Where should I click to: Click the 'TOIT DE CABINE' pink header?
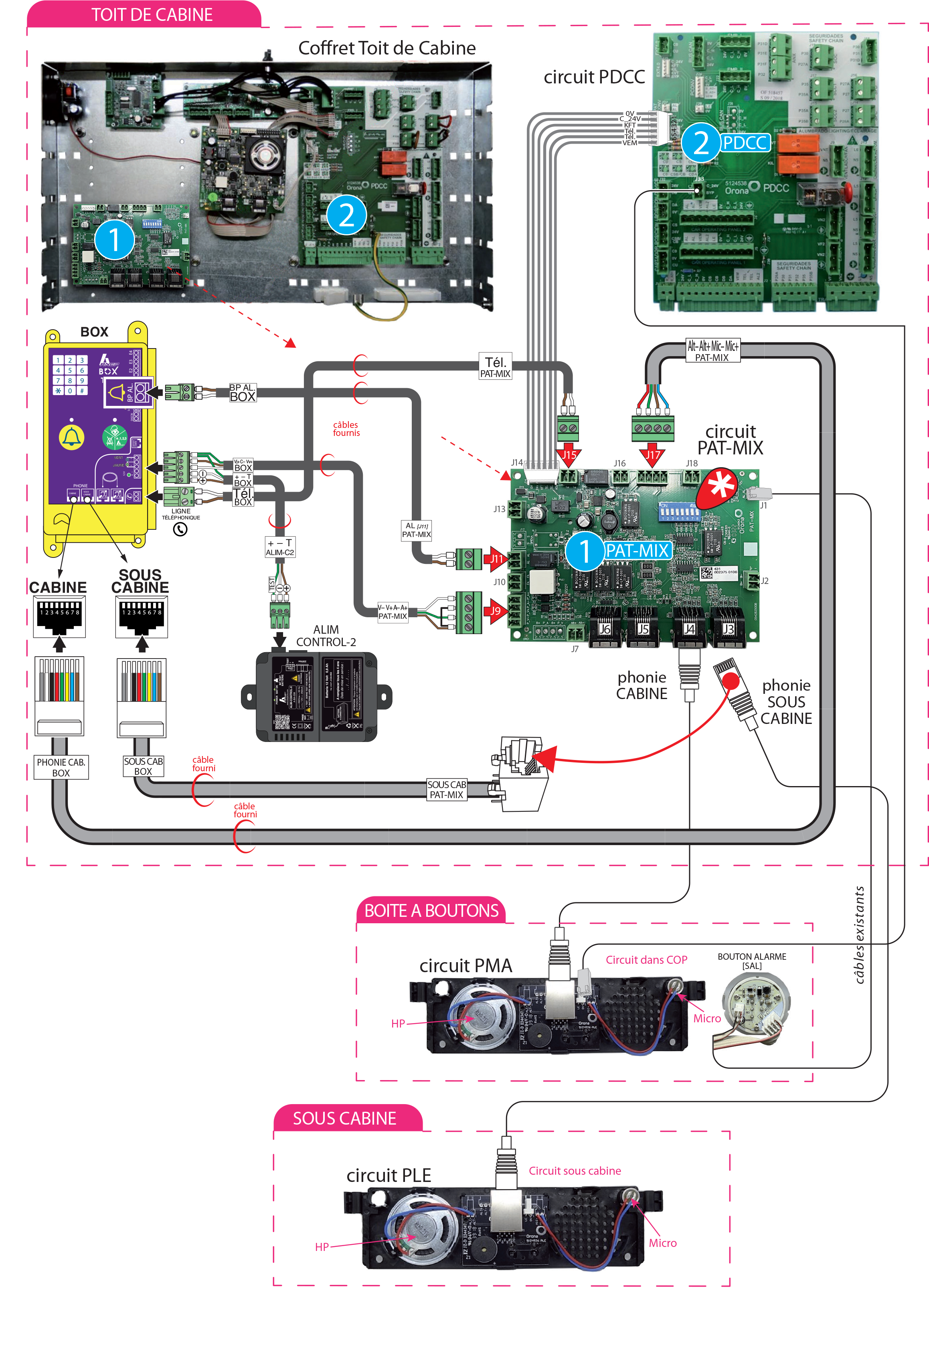[152, 14]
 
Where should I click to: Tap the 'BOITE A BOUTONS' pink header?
[431, 911]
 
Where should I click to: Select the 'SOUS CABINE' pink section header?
[344, 1119]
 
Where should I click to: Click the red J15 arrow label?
[569, 454]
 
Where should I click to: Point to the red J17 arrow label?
[653, 454]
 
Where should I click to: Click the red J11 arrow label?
[497, 559]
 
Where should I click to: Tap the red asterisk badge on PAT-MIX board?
[720, 485]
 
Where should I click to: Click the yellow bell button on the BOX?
[72, 437]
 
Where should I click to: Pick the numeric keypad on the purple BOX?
[70, 375]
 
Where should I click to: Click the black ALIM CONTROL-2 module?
[316, 697]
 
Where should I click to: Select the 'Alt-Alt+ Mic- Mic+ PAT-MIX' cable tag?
[712, 351]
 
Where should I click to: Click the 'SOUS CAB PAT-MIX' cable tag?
[446, 789]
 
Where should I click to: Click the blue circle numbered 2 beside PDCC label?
[701, 143]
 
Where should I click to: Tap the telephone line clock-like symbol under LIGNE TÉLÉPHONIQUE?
[180, 529]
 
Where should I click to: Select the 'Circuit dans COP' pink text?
[646, 960]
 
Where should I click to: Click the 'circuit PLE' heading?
[389, 1175]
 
